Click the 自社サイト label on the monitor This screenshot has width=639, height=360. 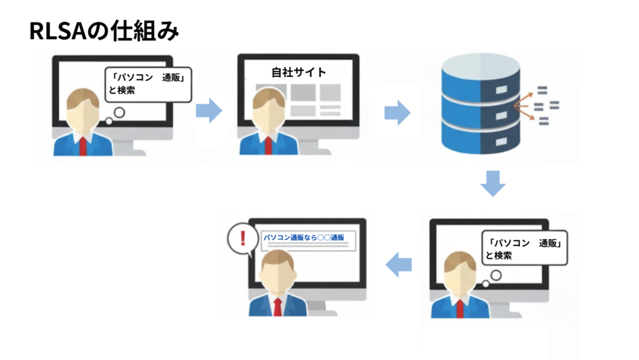coord(298,72)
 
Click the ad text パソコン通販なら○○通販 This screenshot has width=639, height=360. coord(304,238)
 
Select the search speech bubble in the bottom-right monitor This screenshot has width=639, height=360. coord(524,248)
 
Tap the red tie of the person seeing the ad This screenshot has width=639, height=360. coord(278,306)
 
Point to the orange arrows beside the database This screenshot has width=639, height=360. coord(525,106)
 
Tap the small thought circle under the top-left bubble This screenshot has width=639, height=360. coord(119,113)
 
